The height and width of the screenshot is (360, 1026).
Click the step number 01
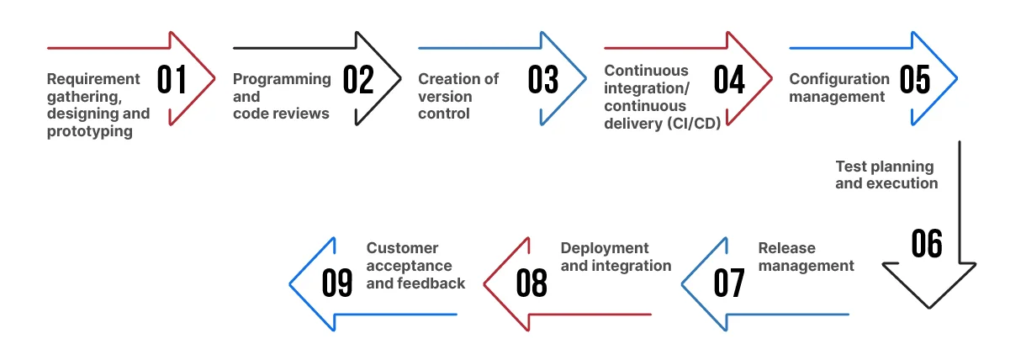(x=172, y=80)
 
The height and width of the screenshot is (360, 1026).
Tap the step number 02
(x=358, y=80)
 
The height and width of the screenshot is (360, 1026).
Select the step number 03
(x=543, y=80)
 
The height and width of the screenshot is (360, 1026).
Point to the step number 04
(x=729, y=80)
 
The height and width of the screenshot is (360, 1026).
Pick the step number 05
(x=915, y=80)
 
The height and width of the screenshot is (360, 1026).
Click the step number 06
(x=927, y=244)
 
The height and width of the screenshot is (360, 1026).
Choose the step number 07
(x=729, y=283)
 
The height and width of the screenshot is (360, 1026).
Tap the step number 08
(x=532, y=283)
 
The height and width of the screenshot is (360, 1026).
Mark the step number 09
(x=337, y=283)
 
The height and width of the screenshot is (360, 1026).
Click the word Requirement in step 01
(x=93, y=79)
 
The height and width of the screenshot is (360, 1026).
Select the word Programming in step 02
(x=282, y=79)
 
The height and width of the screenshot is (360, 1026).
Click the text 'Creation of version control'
(x=458, y=96)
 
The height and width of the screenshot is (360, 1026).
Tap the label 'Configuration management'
(x=838, y=87)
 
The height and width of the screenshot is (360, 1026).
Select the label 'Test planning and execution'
(x=886, y=175)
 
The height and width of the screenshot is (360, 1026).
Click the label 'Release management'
(x=806, y=257)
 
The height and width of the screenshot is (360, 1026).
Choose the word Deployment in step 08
(x=605, y=248)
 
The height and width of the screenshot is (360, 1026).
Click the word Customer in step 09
(x=402, y=248)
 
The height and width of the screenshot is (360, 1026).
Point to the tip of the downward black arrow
(x=928, y=307)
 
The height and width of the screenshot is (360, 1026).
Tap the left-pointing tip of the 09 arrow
(x=291, y=283)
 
